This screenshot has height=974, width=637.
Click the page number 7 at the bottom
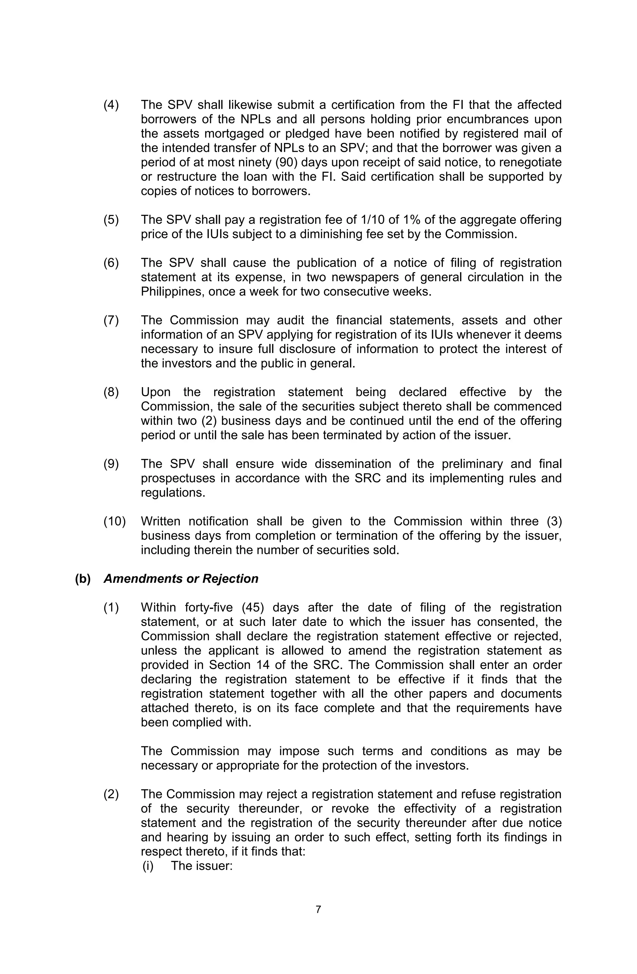[318, 921]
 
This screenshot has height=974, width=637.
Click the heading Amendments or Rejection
[181, 579]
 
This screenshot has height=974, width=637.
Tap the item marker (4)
[111, 105]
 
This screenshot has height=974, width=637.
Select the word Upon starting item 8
[156, 392]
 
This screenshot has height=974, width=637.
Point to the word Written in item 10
[160, 522]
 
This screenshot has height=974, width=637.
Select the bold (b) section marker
[82, 579]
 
